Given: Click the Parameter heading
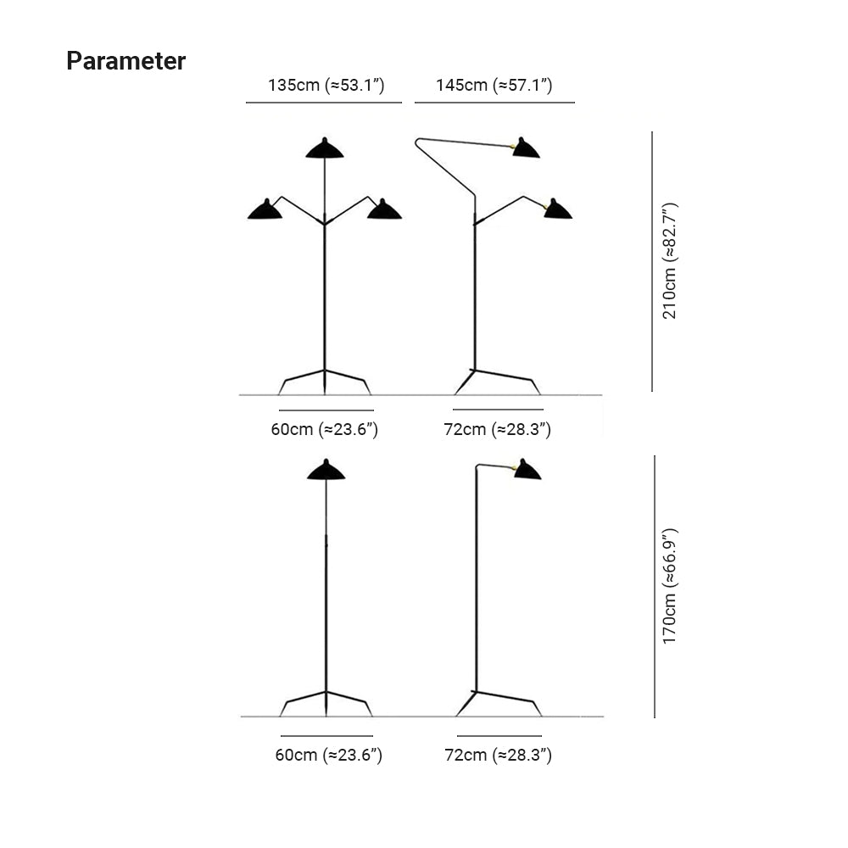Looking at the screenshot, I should (x=126, y=61).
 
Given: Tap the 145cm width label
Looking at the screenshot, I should (x=494, y=85).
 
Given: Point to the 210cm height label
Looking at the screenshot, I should (x=670, y=261).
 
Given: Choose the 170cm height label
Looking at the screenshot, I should (x=670, y=585).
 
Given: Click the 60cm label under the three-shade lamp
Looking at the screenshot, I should (x=324, y=429).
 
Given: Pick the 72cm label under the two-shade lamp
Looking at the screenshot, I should (x=498, y=429).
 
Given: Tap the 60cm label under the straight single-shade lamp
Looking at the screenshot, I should (x=328, y=755).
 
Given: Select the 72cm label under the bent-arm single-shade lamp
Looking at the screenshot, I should (x=498, y=755).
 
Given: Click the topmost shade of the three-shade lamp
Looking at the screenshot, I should (x=325, y=149).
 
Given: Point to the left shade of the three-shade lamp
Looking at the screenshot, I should (x=265, y=209).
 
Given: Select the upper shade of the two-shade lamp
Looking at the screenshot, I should (x=526, y=148).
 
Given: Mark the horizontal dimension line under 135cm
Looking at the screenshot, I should (x=323, y=102).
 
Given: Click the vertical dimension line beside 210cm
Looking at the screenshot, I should (x=652, y=261).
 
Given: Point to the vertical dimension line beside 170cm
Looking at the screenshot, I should (x=655, y=586).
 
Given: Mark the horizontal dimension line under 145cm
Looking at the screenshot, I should (x=494, y=102).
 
